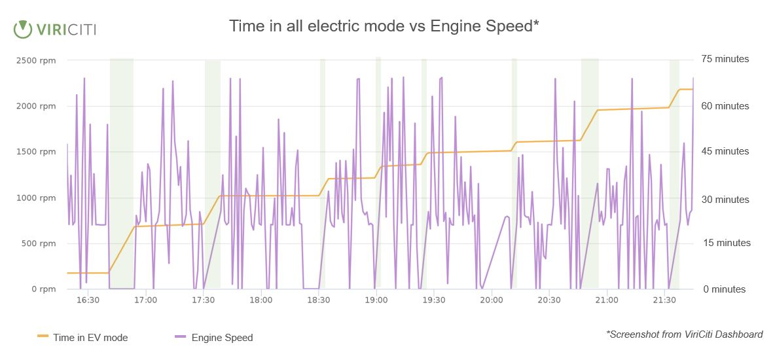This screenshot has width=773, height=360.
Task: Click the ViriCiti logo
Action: (55, 29)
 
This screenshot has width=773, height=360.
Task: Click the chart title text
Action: (384, 26)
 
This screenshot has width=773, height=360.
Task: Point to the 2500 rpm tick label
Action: (36, 60)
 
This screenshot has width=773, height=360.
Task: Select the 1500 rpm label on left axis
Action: (36, 152)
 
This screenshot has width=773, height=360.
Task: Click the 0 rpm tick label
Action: (43, 289)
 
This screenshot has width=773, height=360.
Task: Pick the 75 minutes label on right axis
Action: (725, 59)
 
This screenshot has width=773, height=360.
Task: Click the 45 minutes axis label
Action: (725, 151)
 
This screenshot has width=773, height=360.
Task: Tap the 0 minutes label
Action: (725, 289)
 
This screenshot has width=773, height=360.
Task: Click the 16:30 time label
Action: (88, 300)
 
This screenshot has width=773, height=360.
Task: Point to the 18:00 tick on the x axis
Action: (261, 300)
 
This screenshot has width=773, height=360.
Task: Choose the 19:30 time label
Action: (434, 300)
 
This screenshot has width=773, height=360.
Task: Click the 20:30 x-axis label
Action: (549, 300)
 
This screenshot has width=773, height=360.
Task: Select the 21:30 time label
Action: (664, 300)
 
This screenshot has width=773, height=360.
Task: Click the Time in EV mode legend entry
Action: (82, 338)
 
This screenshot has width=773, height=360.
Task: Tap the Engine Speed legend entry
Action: (214, 338)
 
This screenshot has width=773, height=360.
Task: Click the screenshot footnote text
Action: (685, 334)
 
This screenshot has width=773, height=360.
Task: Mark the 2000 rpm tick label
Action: (36, 106)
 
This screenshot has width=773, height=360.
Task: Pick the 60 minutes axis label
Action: (725, 106)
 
